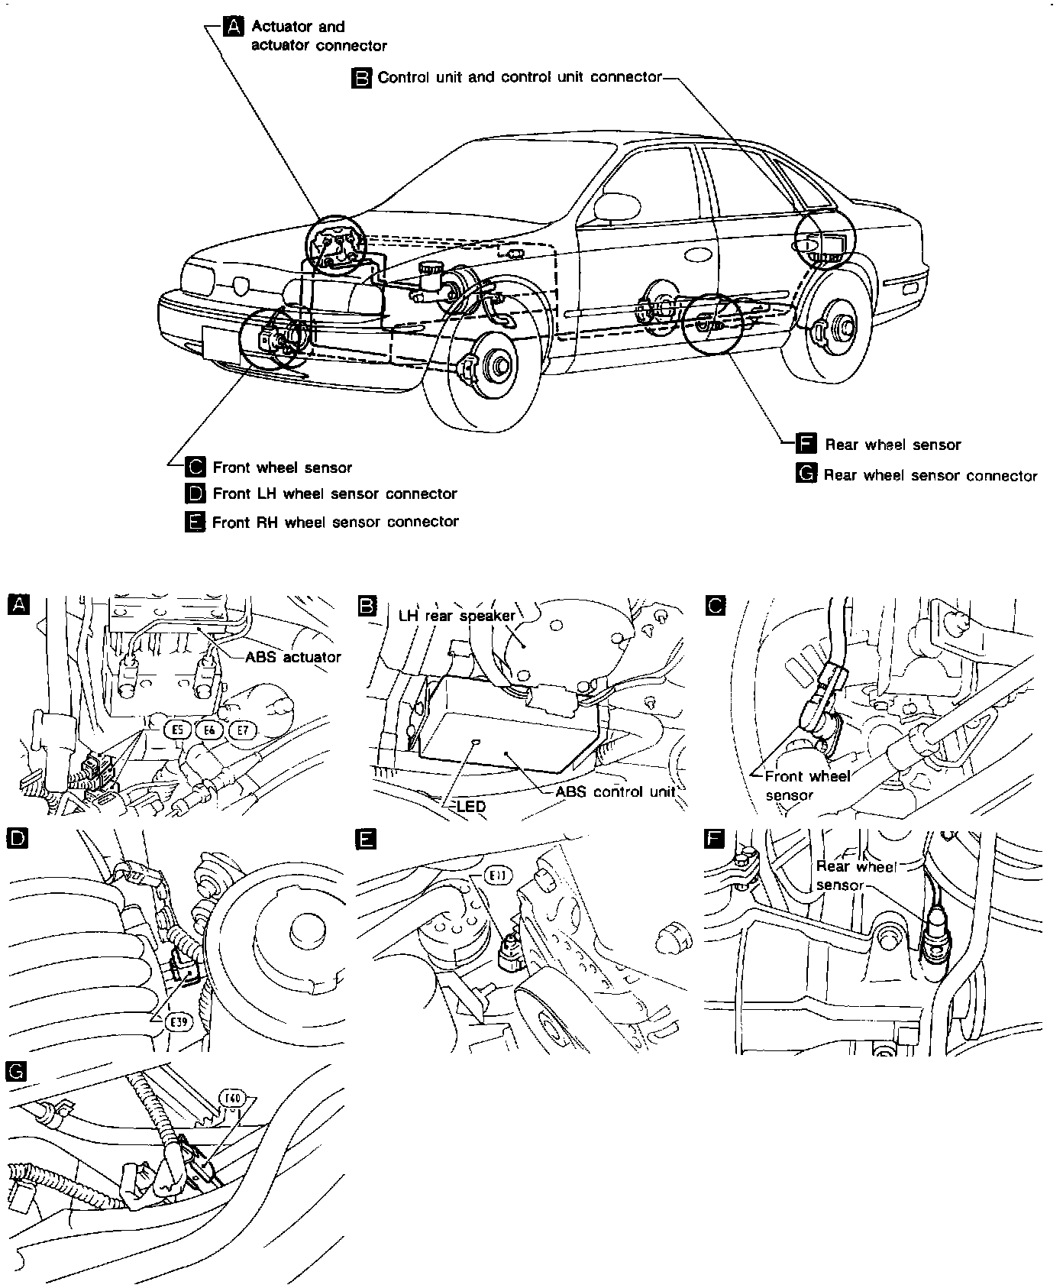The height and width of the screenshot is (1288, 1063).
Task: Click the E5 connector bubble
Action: [178, 730]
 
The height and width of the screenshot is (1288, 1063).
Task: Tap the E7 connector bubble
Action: [242, 730]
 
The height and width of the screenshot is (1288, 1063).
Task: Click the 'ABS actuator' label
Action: [293, 656]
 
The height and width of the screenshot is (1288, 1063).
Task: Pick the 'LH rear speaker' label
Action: [457, 615]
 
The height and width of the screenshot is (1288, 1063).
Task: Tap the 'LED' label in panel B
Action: [471, 805]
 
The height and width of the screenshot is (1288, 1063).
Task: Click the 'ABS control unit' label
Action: [615, 791]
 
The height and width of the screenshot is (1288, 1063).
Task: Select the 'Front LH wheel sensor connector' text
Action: [334, 494]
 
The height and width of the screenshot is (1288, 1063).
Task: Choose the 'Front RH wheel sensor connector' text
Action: [335, 522]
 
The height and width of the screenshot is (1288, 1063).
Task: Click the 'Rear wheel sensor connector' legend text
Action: [930, 475]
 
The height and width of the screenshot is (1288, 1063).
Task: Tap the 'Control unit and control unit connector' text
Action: [519, 77]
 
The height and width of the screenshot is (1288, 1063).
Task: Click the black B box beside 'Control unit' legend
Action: [361, 77]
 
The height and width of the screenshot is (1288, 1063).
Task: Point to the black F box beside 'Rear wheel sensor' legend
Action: [806, 444]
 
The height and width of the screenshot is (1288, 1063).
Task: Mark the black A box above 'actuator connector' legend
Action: [233, 27]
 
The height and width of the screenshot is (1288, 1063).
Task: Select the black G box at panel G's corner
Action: [15, 1072]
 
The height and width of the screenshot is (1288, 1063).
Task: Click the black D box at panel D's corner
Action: [16, 839]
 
